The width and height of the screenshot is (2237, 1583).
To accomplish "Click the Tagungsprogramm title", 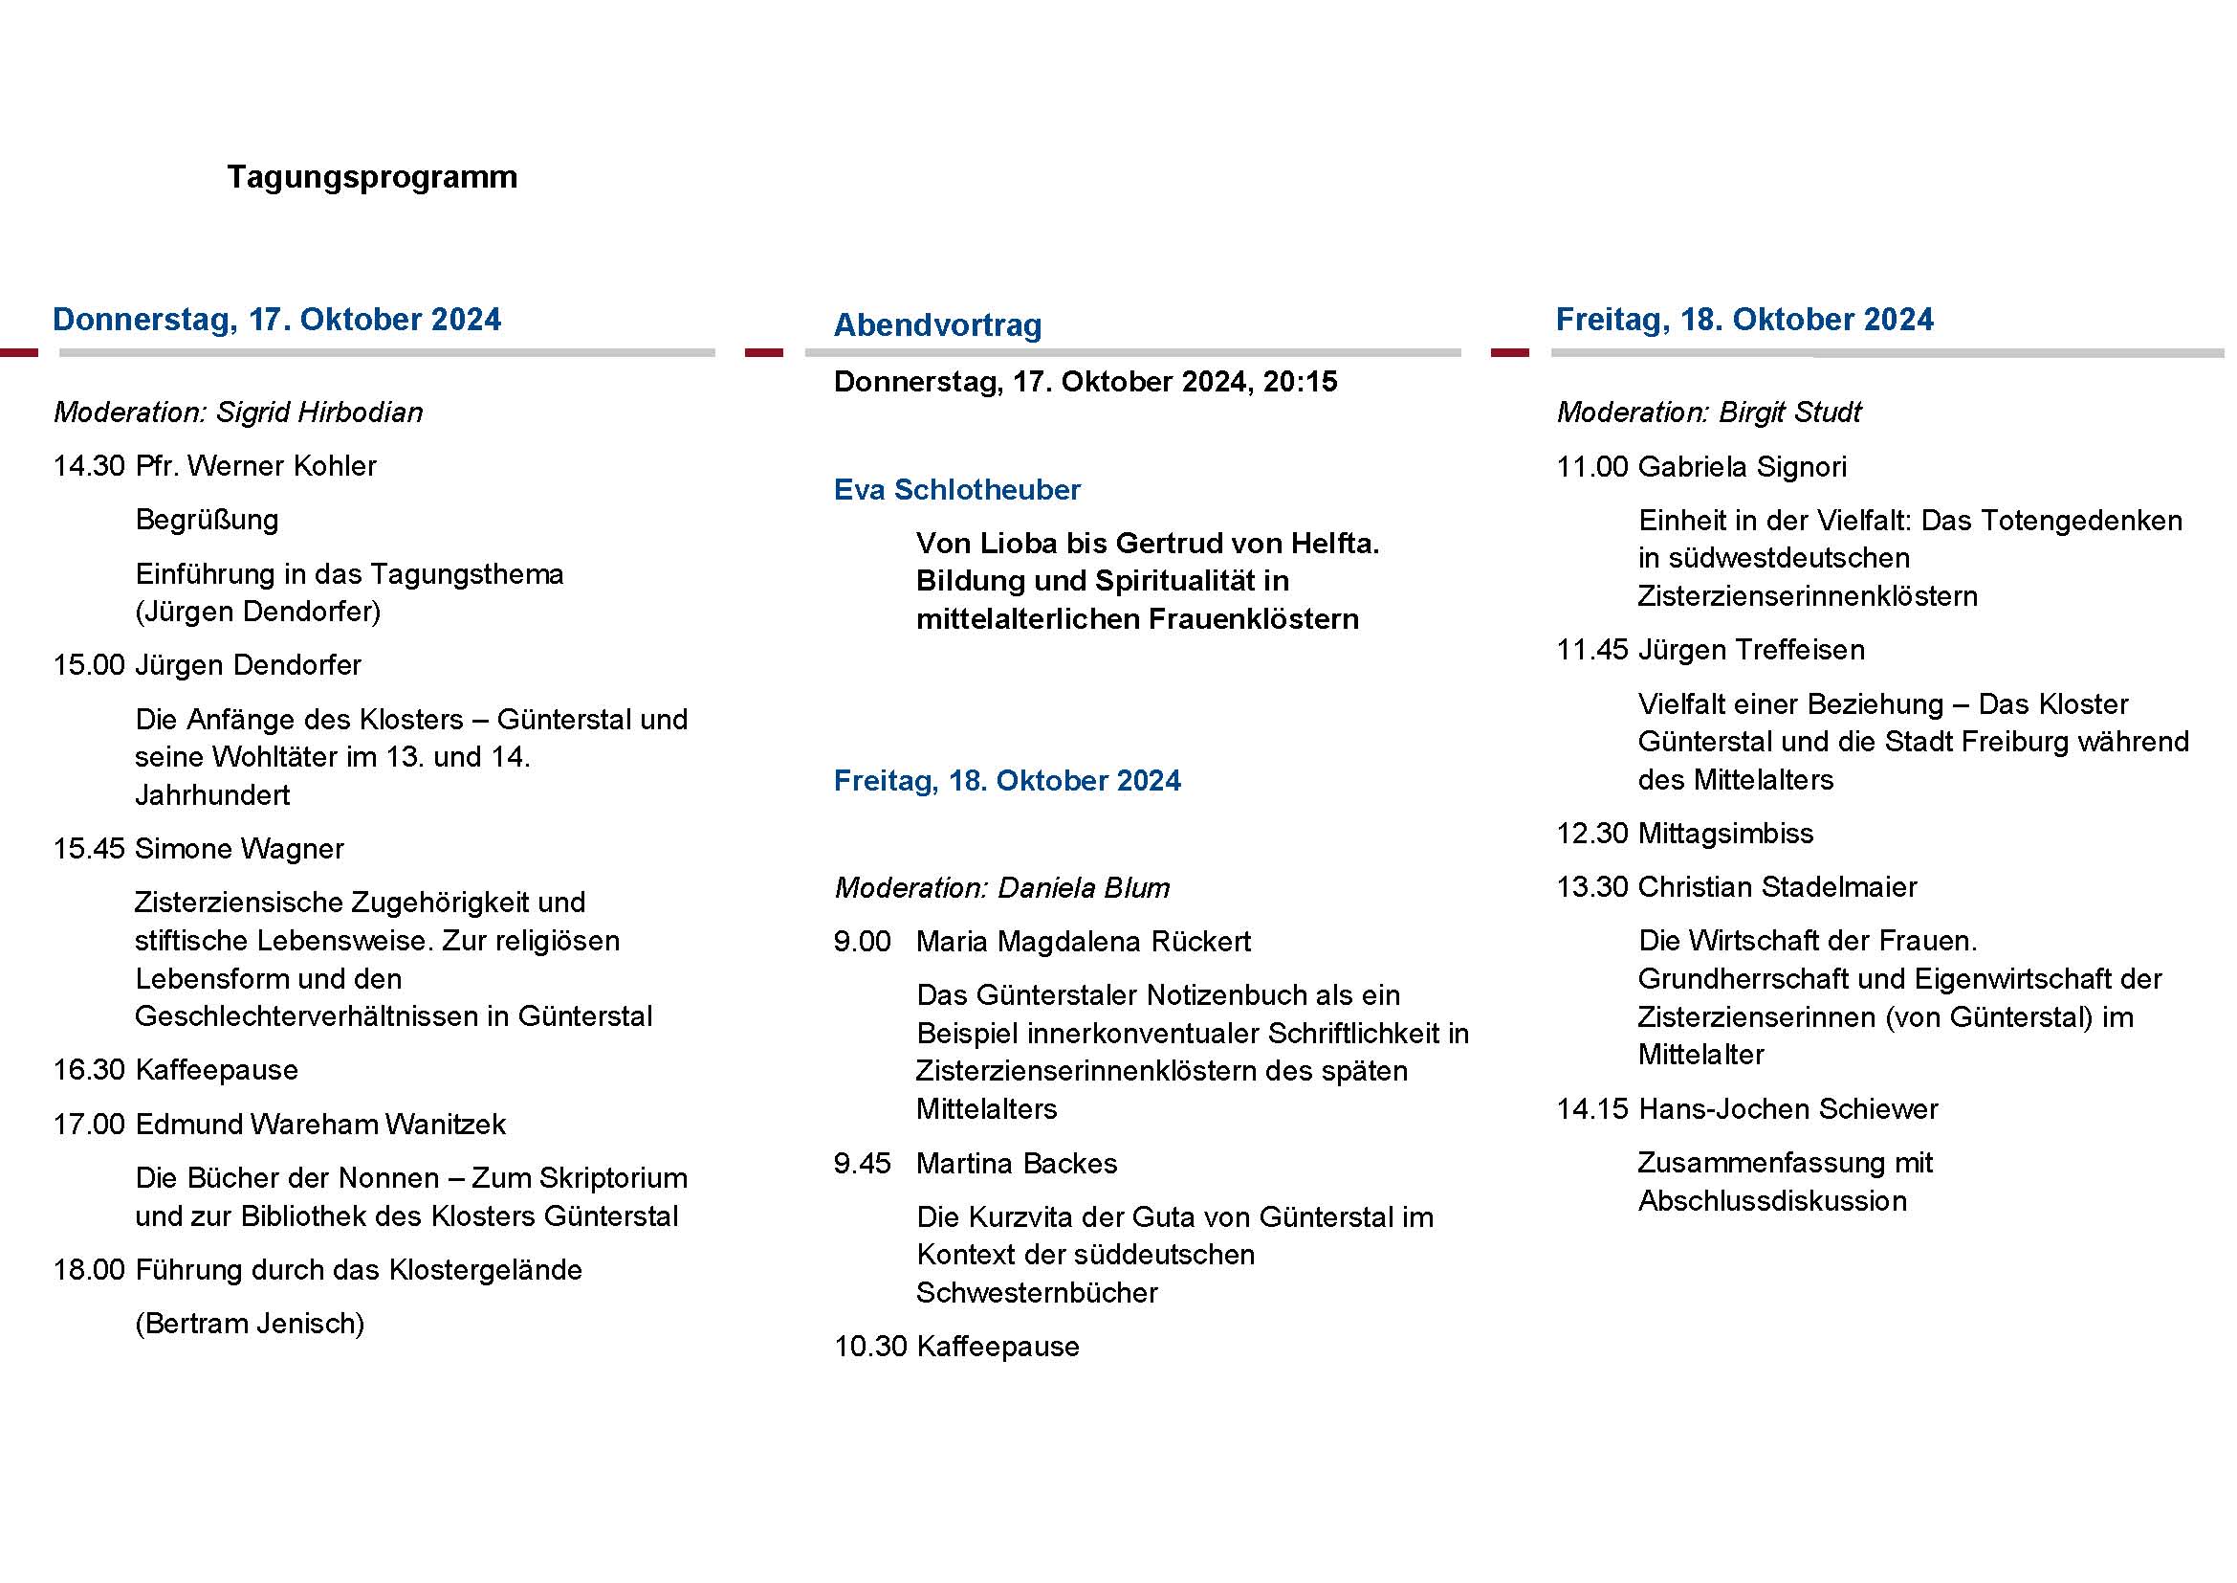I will [372, 177].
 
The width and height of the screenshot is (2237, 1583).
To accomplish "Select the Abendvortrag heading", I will [937, 324].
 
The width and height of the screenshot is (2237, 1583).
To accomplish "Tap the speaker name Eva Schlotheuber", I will [956, 489].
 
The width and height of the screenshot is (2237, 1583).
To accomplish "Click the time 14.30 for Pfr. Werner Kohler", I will [89, 466].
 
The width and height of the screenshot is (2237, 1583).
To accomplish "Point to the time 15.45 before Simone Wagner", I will [89, 849].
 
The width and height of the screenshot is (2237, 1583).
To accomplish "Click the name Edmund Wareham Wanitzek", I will [320, 1125].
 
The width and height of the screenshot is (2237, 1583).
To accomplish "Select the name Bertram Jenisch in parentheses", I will [250, 1324].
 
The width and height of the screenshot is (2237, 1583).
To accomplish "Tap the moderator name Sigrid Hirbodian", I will [319, 412].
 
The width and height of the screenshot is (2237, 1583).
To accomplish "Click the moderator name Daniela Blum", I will [1084, 888].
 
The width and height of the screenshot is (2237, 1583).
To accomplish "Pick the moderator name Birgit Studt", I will [1789, 412].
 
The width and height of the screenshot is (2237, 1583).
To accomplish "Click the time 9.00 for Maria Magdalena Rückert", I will [863, 942].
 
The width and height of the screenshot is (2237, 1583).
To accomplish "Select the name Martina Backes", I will [1017, 1164].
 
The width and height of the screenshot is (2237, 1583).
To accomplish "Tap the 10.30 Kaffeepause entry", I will [956, 1348].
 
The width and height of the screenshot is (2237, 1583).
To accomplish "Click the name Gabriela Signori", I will [1742, 467].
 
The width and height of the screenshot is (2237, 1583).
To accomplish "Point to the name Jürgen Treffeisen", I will [1751, 650].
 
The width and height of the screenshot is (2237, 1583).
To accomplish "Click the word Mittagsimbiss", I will [1725, 834].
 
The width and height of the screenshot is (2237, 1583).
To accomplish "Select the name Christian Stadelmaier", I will [1777, 887].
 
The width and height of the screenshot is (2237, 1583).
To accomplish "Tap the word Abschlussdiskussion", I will [1772, 1201].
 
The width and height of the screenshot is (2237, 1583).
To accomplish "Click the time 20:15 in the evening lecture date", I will [1300, 382].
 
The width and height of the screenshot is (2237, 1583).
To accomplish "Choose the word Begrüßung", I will [207, 520].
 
